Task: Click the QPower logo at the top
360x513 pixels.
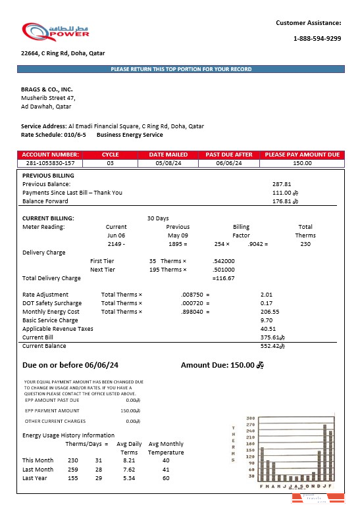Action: click(55, 32)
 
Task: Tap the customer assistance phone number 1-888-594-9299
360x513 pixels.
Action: click(317, 39)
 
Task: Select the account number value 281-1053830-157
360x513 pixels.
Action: click(50, 162)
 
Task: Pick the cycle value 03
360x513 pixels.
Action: click(111, 162)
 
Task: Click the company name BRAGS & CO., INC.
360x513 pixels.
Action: click(47, 89)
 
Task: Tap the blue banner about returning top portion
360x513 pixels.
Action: click(181, 69)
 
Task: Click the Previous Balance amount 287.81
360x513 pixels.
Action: click(281, 184)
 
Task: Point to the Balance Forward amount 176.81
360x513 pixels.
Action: click(282, 201)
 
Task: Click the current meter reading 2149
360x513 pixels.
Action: click(115, 244)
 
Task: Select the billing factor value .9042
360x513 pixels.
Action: click(257, 244)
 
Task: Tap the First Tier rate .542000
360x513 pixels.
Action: click(224, 261)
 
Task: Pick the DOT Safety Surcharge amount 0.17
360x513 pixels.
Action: click(267, 303)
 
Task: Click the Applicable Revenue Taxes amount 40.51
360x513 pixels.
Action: click(268, 328)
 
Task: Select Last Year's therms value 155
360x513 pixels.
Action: click(73, 478)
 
